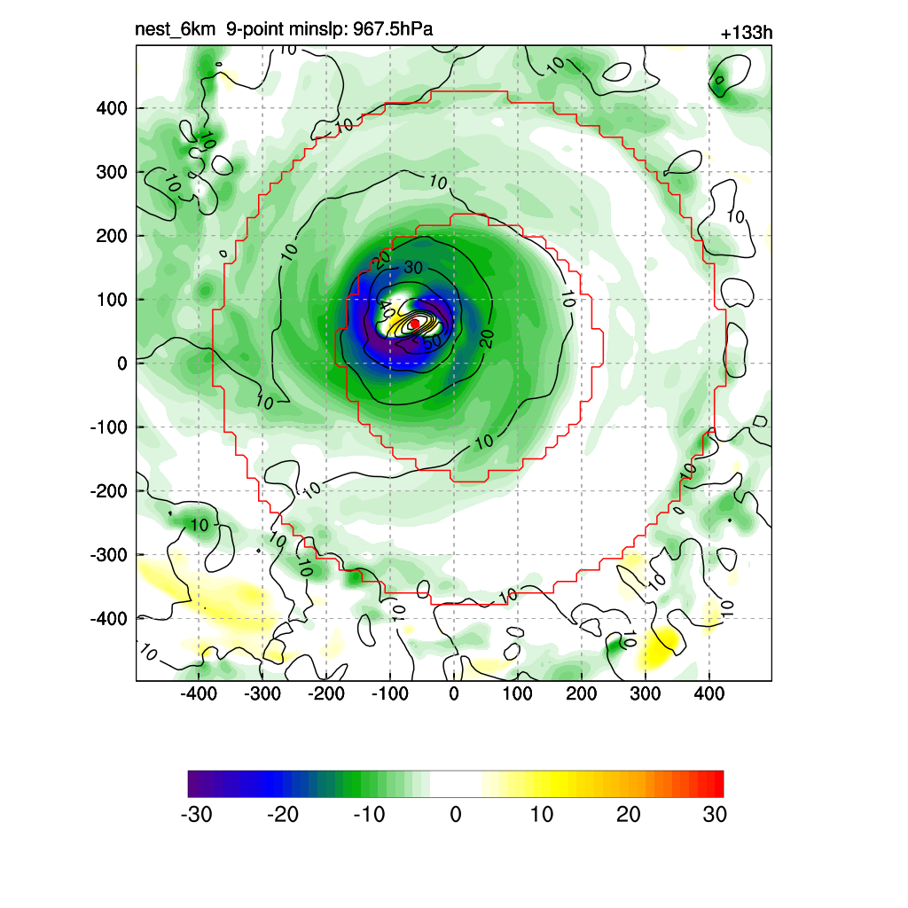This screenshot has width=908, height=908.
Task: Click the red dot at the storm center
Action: (414, 324)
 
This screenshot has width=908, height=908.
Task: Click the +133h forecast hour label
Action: (747, 34)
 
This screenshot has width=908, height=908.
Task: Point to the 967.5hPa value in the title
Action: (392, 30)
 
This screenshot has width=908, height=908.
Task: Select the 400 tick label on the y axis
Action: (113, 108)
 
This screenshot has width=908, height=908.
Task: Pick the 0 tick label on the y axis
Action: (122, 364)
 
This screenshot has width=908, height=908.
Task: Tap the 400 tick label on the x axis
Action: (708, 693)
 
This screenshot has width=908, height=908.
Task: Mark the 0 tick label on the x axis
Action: (454, 693)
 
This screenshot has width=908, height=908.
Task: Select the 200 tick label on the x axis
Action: (581, 693)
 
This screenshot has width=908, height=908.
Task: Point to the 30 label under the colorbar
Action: (715, 815)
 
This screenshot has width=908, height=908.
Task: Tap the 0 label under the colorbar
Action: (456, 815)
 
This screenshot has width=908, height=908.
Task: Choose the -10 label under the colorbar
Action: (368, 815)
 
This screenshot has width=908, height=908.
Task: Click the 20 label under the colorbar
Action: (628, 815)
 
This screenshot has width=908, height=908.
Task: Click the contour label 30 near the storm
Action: (413, 267)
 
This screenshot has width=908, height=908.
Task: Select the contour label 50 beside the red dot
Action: (432, 341)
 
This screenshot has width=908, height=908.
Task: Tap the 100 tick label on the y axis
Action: (113, 300)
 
